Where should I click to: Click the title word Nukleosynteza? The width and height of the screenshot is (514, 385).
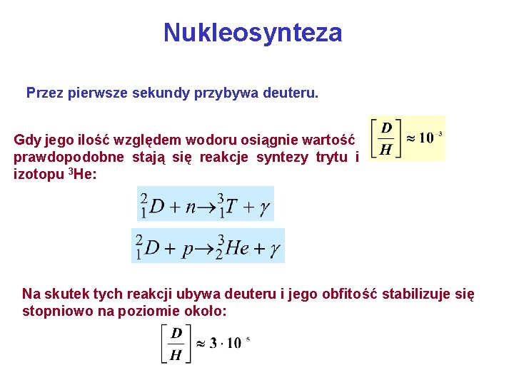pyautogui.click(x=253, y=33)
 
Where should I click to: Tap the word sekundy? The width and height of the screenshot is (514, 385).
pyautogui.click(x=161, y=93)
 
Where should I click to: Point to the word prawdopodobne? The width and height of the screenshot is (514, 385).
pyautogui.click(x=69, y=158)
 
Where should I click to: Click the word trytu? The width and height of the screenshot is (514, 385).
pyautogui.click(x=331, y=158)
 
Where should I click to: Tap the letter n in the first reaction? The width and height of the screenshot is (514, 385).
pyautogui.click(x=191, y=207)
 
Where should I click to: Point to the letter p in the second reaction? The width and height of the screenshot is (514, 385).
pyautogui.click(x=190, y=250)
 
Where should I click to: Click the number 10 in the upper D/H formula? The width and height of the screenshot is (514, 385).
pyautogui.click(x=426, y=138)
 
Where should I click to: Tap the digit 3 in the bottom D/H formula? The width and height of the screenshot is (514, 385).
pyautogui.click(x=213, y=343)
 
